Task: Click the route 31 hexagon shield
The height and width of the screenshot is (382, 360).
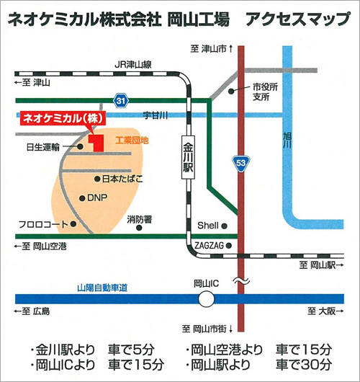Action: point(121,100)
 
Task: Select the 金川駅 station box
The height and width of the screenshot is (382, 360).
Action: point(188,157)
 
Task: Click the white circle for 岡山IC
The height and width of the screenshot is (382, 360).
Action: point(206,299)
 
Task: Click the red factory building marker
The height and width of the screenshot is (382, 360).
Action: point(96,143)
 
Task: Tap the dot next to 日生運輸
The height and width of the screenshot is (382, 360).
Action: point(80,146)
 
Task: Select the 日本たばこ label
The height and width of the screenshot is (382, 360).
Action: point(122,179)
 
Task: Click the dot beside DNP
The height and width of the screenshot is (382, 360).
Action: point(82,198)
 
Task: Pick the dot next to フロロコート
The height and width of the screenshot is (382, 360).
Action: point(73,224)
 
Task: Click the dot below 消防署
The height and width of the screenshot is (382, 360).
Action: point(139,228)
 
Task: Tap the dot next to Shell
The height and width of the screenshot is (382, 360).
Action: point(225,226)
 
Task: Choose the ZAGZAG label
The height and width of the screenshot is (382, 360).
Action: point(209,246)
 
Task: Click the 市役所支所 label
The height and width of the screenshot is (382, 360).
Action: point(265,92)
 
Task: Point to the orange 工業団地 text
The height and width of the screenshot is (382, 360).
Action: point(132,141)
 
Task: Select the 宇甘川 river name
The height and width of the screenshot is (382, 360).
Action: point(156,115)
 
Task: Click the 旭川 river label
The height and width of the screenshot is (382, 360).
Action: point(287,141)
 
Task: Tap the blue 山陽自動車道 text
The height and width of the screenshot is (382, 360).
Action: point(102,288)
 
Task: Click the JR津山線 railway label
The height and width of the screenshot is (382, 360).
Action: point(133,65)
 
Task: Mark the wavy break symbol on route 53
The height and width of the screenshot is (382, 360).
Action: point(241,281)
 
